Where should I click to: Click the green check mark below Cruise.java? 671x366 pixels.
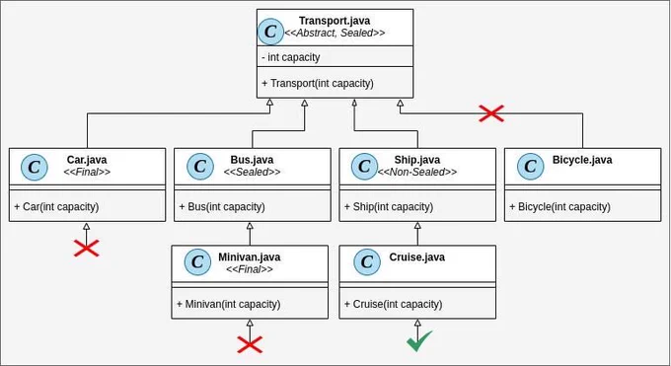tap(419, 340)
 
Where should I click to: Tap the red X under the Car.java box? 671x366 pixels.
tap(87, 249)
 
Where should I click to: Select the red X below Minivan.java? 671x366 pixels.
tap(250, 344)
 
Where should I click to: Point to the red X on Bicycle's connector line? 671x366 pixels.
tap(491, 113)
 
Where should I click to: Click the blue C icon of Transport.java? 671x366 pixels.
tap(270, 32)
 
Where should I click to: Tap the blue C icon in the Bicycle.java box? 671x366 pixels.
tap(530, 166)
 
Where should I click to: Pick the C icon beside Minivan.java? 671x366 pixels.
tap(197, 262)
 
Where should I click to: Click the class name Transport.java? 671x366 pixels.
tap(335, 21)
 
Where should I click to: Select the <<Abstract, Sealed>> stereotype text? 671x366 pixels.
tap(335, 33)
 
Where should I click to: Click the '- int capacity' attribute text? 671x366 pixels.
tap(290, 57)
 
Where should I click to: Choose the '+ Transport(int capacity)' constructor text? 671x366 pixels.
tap(318, 83)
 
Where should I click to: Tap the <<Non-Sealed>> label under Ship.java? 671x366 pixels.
tap(416, 172)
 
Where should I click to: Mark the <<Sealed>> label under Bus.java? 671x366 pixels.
tap(252, 172)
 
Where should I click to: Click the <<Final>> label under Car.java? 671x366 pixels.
tap(87, 172)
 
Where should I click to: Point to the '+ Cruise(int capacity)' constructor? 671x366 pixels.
tap(394, 305)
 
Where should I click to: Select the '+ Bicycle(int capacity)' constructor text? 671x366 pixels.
tap(559, 207)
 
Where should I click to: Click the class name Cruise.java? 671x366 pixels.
tap(416, 257)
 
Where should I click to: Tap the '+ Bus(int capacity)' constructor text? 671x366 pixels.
tap(222, 207)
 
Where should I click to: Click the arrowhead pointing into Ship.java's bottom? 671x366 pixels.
tap(417, 225)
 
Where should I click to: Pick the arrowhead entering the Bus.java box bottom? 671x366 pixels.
tap(250, 225)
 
